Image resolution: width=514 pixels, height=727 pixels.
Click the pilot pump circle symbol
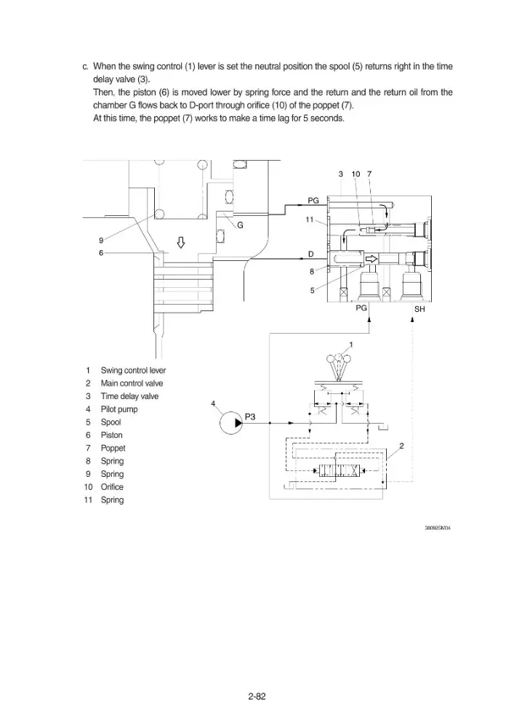(230, 422)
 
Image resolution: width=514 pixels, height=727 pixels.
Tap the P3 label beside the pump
(250, 417)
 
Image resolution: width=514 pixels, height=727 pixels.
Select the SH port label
(419, 309)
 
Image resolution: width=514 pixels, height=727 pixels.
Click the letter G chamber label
(240, 225)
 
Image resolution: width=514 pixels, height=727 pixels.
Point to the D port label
(311, 254)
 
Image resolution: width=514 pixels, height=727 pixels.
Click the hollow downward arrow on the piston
(181, 242)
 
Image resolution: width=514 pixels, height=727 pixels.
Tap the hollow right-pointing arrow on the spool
(372, 258)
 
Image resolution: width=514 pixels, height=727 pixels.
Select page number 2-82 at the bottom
(257, 696)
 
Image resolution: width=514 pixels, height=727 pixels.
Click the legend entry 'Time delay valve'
(130, 396)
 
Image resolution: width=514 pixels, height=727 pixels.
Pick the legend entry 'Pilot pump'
(119, 409)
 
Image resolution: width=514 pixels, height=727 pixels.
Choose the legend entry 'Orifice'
(112, 487)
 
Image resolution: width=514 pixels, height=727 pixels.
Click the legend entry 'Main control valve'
(132, 383)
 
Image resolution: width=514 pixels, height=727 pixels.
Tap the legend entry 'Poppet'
(113, 449)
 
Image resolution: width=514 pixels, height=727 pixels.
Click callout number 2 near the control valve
(401, 446)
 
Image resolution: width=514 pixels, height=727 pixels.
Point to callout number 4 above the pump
(213, 403)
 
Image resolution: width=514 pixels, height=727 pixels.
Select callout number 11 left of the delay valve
(310, 220)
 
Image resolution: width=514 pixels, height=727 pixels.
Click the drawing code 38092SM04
(438, 528)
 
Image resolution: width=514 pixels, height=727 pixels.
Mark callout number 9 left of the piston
(101, 240)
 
